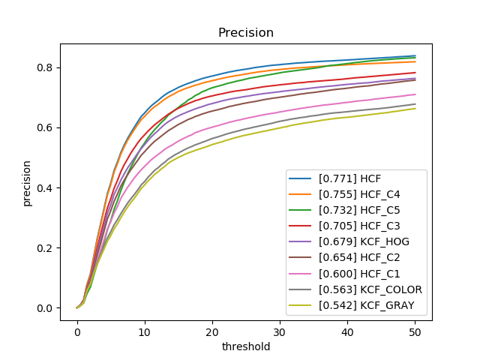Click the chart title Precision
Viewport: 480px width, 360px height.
point(245,33)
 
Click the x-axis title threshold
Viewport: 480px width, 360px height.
point(245,347)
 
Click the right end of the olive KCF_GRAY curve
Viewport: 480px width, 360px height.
point(415,109)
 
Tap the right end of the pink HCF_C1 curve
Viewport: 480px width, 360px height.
point(415,94)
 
